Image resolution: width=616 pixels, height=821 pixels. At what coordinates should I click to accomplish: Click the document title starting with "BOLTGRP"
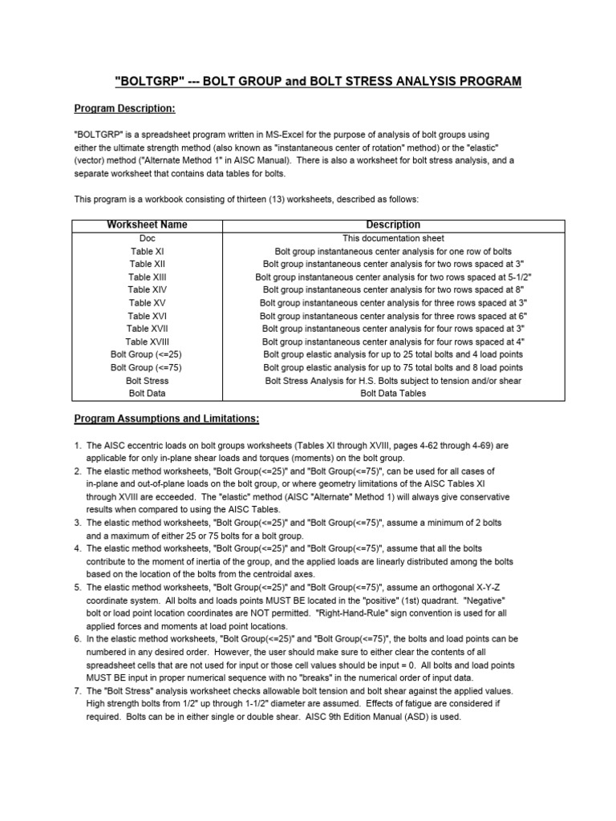[318, 81]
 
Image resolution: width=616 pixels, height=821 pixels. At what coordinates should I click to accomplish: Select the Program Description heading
[124, 108]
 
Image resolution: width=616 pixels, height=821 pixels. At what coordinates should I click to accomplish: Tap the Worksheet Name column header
[147, 225]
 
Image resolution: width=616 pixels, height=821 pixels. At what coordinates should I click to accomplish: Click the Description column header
[393, 225]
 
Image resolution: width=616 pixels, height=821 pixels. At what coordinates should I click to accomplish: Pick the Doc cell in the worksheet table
[148, 238]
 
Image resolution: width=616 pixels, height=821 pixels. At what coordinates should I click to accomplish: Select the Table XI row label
[148, 251]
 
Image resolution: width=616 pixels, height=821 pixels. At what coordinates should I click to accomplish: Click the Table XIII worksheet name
[148, 277]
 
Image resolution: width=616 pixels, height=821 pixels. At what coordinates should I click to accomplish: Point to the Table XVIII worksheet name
[148, 342]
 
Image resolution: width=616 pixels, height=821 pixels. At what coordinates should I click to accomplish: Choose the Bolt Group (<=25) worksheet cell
[148, 354]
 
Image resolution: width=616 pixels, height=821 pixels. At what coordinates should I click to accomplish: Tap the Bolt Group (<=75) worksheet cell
[148, 367]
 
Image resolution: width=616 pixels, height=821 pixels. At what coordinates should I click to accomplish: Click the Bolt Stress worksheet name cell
[148, 381]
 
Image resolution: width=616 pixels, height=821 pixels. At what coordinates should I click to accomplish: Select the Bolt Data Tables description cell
[393, 394]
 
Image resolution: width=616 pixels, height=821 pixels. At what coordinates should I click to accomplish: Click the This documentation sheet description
[393, 238]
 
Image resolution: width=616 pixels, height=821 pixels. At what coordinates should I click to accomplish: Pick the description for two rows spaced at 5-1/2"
[393, 277]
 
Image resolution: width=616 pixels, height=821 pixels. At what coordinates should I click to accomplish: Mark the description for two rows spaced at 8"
[393, 289]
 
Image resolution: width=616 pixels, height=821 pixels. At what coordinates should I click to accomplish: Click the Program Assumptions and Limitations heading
[167, 419]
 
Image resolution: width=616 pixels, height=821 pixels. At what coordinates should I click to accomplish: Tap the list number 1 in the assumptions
[78, 445]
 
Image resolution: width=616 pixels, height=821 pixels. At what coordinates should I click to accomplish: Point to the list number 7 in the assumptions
[78, 691]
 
